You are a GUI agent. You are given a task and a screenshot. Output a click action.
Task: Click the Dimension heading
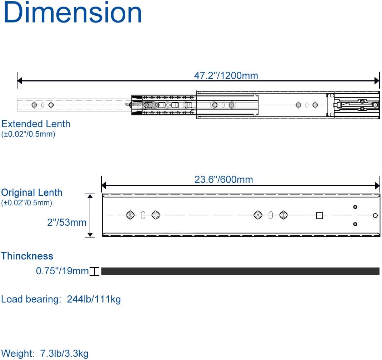[73, 13]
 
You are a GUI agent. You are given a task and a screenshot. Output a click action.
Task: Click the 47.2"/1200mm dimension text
[226, 76]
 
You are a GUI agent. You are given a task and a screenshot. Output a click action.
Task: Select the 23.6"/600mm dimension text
[223, 179]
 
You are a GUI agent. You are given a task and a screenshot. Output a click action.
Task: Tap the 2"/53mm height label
[67, 222]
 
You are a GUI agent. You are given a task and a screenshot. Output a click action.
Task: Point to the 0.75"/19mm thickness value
[62, 271]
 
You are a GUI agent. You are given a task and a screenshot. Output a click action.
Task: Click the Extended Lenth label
[36, 124]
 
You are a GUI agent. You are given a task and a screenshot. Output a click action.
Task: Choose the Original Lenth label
[32, 192]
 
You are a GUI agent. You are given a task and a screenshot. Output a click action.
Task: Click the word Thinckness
[27, 256]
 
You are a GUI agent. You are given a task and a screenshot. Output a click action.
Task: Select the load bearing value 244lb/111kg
[94, 299]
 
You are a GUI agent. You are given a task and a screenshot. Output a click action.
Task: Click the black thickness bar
[240, 271]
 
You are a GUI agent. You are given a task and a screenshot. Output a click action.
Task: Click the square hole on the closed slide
[320, 215]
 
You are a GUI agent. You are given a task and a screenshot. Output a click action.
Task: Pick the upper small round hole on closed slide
[355, 207]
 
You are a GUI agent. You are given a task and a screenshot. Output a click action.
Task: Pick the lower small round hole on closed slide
[355, 224]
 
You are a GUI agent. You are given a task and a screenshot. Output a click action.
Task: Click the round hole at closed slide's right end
[375, 215]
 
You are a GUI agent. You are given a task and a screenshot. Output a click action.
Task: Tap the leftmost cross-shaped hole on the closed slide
[130, 215]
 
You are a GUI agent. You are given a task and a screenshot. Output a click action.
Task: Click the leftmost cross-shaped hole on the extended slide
[34, 105]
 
